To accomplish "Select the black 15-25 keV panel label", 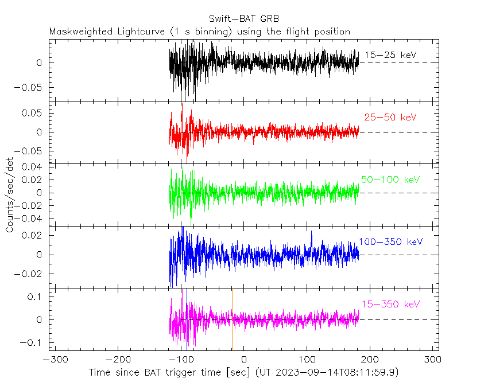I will pos(390,55).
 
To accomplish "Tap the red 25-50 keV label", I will pos(390,117).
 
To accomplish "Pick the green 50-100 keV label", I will pos(390,180).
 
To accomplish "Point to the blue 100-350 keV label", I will pos(390,241).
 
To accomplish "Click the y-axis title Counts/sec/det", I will pos(10,196).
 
